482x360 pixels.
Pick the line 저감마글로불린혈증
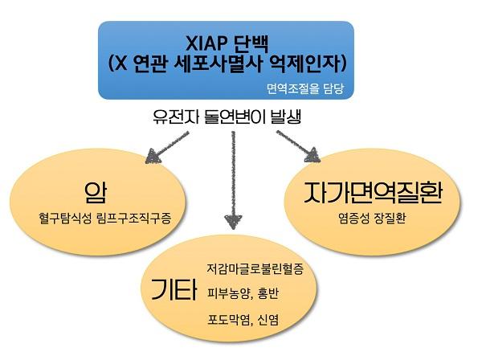tap(260, 264)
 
